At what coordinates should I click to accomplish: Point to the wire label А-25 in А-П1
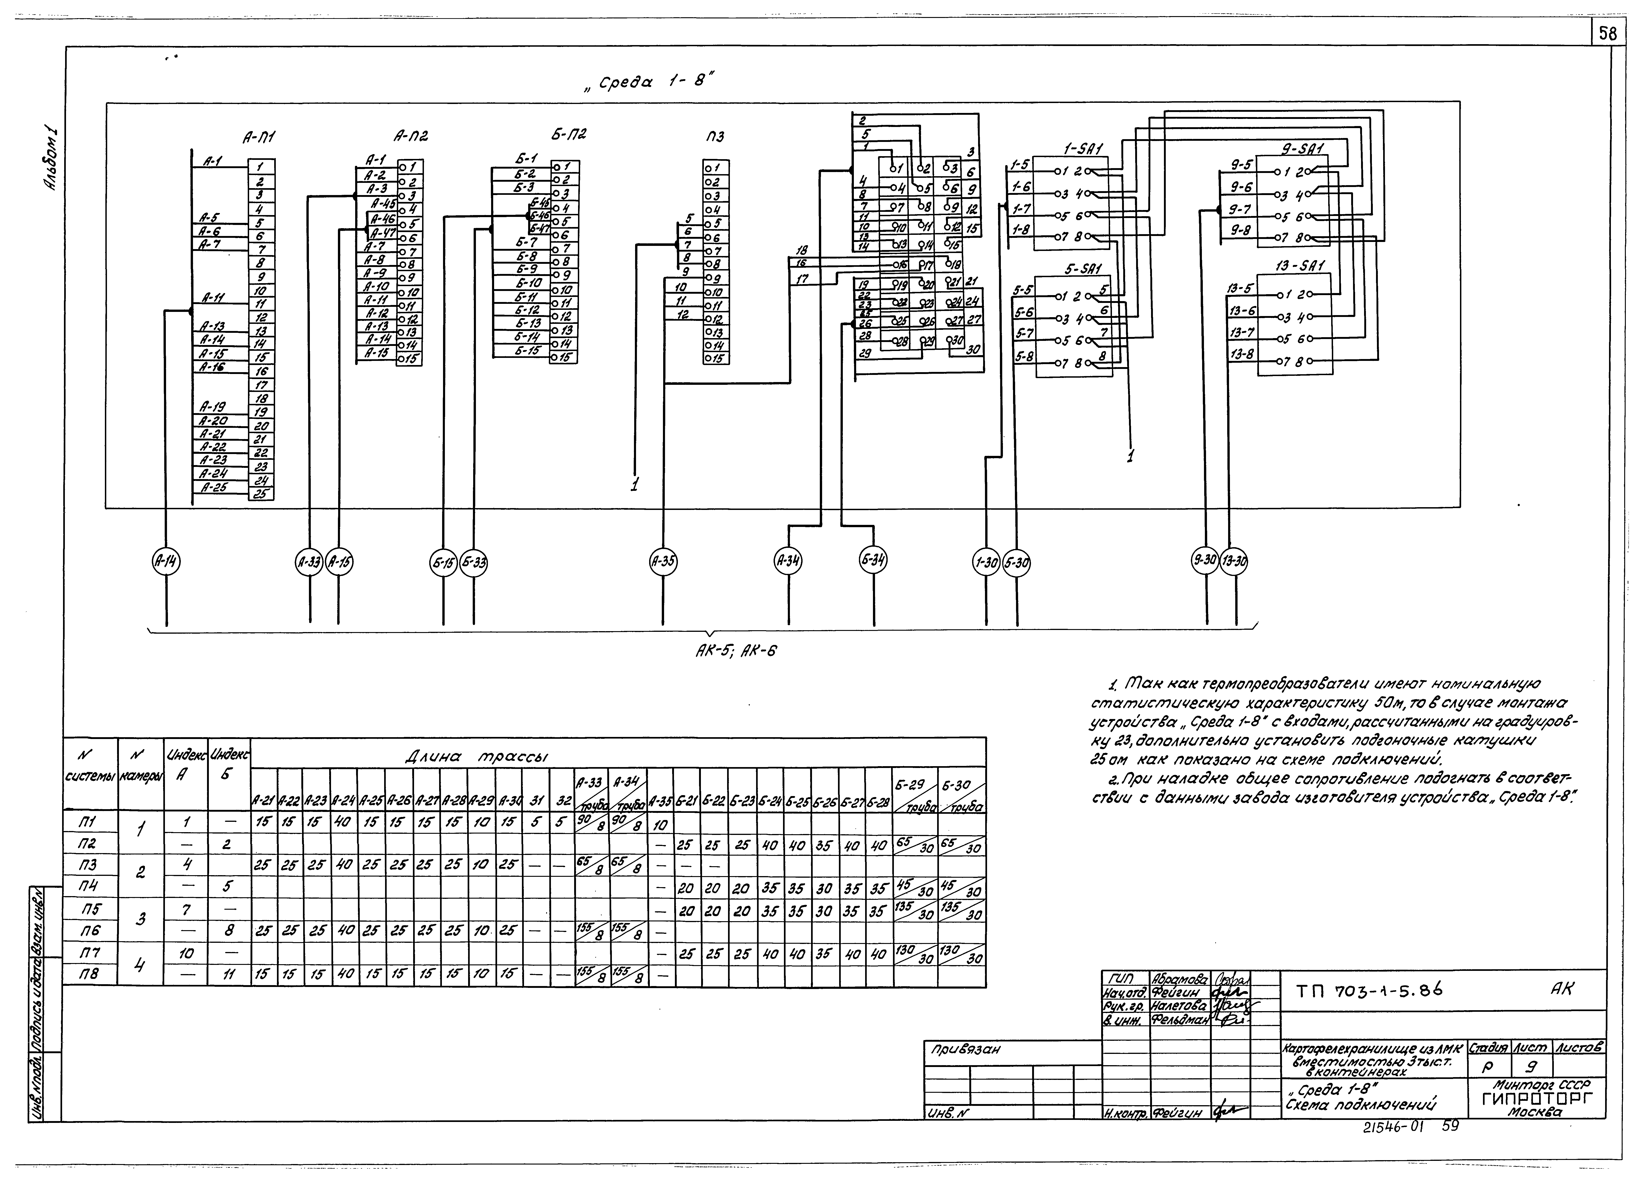(x=214, y=487)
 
